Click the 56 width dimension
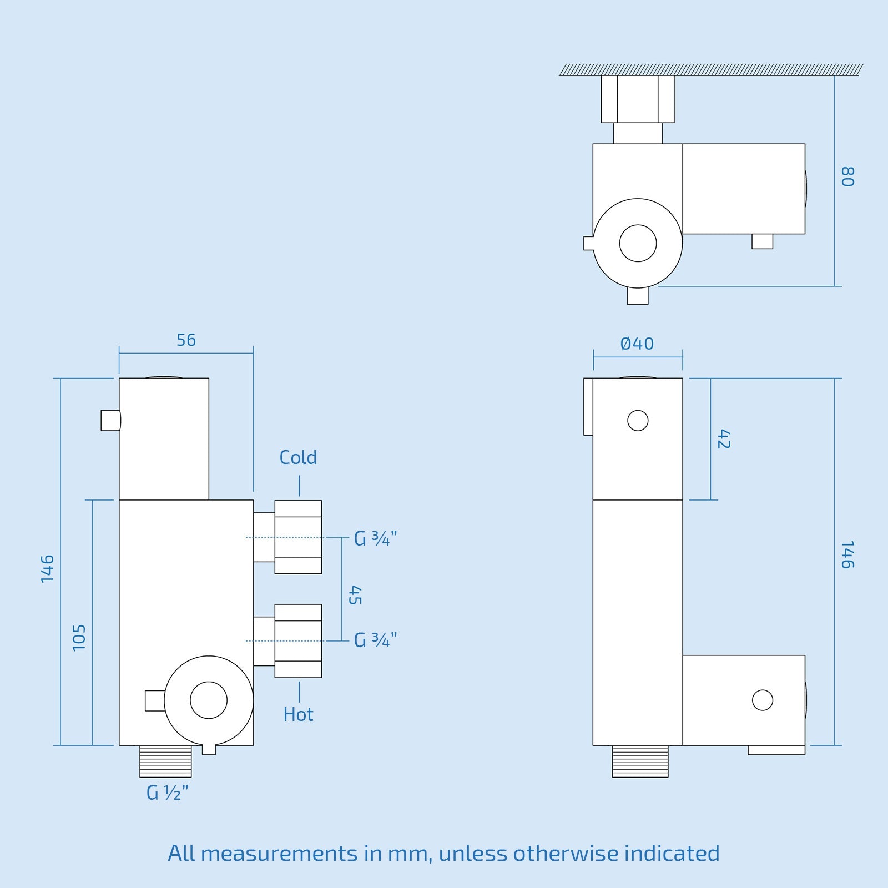coord(186,340)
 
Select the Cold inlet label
coord(298,458)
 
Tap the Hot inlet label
coord(298,714)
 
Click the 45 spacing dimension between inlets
coord(355,595)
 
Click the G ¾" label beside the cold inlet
coord(376,538)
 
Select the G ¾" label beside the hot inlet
coord(376,640)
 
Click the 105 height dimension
coord(79,637)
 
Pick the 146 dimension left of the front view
coord(48,568)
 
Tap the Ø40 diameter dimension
coord(637,344)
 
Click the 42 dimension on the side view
coord(724,438)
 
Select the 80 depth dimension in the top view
coord(847,176)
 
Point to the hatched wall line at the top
coord(710,70)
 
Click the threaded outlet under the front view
coord(165,761)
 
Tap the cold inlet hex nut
coord(298,537)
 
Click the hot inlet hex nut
coord(298,641)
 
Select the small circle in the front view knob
coord(209,700)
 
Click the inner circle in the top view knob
coord(638,243)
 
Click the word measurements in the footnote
coord(279,854)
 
